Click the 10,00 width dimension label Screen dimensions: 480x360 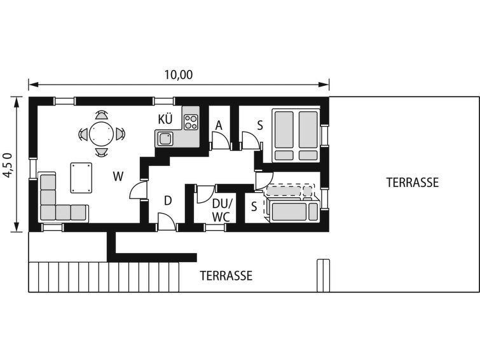(x=179, y=75)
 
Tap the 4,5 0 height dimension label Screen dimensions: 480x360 (x=8, y=165)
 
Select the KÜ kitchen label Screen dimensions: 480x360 (x=165, y=119)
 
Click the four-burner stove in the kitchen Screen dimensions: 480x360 (x=191, y=122)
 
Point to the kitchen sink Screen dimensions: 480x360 (x=165, y=139)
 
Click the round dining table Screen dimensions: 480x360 (x=101, y=134)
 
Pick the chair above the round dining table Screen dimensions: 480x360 (x=102, y=114)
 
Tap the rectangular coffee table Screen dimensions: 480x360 (x=81, y=177)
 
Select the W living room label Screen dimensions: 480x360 (x=118, y=176)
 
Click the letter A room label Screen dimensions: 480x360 (x=219, y=125)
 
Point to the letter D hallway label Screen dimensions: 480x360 (x=168, y=201)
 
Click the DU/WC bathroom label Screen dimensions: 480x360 (x=221, y=210)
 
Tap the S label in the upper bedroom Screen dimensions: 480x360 (x=260, y=125)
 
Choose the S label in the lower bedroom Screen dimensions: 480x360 (x=254, y=207)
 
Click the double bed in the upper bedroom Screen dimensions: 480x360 (x=296, y=135)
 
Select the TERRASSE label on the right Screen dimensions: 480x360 (x=413, y=183)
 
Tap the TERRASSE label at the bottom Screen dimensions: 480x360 (x=226, y=276)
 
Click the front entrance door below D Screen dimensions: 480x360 (x=167, y=221)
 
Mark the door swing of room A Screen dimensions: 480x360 (x=221, y=141)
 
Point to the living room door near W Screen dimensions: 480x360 (x=139, y=190)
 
